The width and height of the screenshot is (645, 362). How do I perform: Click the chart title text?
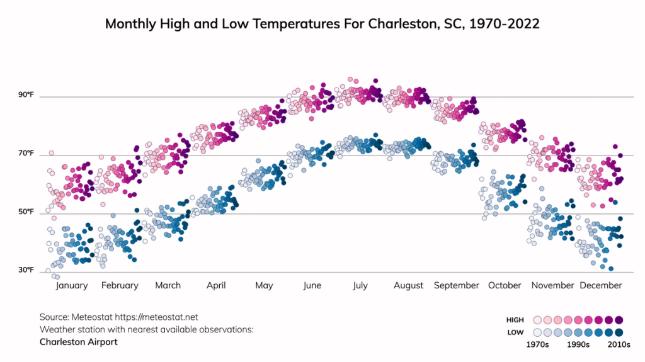pos(322,24)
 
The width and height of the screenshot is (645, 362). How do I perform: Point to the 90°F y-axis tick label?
pos(26,95)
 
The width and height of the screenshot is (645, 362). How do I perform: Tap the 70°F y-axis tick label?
pos(26,154)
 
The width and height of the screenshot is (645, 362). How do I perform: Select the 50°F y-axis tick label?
pos(26,212)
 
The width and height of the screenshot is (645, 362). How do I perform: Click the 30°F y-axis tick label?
pos(26,271)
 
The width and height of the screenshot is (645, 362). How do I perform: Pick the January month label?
pos(72,285)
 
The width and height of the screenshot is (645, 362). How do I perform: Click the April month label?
pos(216,285)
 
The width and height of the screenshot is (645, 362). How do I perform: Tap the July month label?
pos(360,285)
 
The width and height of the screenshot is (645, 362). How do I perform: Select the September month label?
pos(456,285)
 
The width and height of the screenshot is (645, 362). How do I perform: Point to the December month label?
pos(600,285)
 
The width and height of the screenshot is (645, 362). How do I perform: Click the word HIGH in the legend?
pos(515,320)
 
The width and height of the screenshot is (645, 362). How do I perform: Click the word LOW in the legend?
pos(515,332)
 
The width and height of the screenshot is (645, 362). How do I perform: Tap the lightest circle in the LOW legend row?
pos(537,332)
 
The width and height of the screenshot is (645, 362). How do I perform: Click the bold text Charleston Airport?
pos(78,342)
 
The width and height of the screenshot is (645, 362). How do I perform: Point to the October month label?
pos(505,285)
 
